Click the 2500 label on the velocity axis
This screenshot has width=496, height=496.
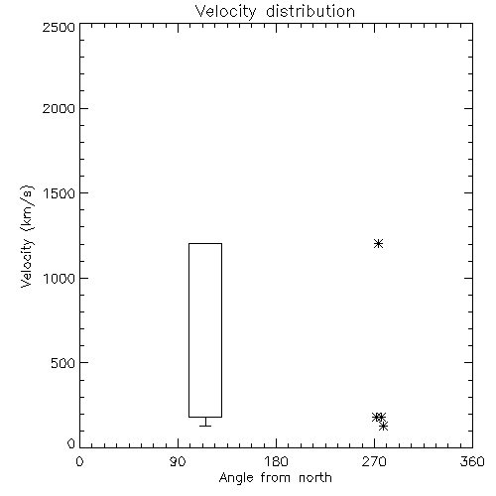tap(59, 27)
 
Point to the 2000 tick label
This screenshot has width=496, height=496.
tap(59, 108)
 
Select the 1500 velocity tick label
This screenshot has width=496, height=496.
tap(60, 193)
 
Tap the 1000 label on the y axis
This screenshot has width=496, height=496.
tap(60, 278)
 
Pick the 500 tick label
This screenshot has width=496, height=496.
tap(63, 363)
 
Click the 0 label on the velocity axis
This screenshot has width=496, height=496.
tap(71, 443)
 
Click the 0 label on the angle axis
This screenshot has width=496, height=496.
tap(79, 461)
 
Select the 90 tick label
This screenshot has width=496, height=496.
tap(178, 461)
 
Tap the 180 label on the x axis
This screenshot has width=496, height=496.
tap(276, 461)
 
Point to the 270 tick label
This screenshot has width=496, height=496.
tap(374, 461)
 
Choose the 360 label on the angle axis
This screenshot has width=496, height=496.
tap(472, 461)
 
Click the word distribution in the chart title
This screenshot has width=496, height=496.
tap(310, 11)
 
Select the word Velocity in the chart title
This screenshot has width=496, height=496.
tap(225, 12)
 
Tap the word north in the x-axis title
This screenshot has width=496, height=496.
tap(315, 478)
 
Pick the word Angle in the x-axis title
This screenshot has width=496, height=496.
tap(236, 478)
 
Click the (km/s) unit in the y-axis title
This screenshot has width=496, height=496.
tap(27, 208)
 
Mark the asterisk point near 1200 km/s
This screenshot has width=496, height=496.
tap(378, 244)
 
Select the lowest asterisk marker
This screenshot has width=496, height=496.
tap(383, 427)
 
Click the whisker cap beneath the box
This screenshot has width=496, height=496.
tap(205, 426)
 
